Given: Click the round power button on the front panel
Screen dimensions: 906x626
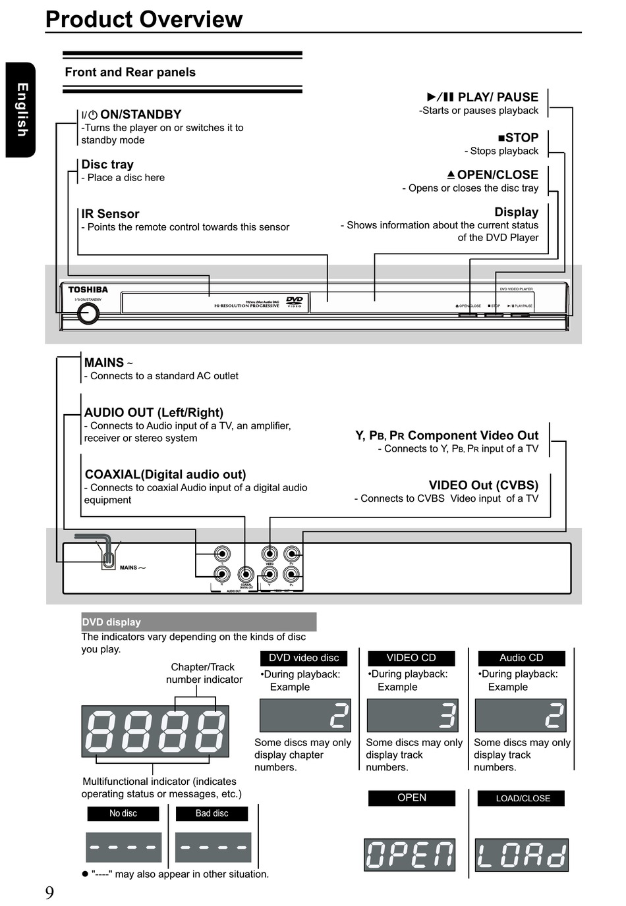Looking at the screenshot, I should point(88,313).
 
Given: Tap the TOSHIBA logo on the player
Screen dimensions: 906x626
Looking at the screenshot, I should point(88,290).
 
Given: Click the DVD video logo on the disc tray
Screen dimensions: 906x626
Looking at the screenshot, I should point(294,302).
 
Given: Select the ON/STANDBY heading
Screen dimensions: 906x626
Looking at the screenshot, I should point(132,115).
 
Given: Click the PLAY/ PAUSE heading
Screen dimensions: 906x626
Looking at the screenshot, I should point(483,97).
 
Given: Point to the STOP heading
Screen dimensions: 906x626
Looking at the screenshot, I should point(518,138).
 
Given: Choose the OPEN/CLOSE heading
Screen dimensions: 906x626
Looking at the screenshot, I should point(492,174).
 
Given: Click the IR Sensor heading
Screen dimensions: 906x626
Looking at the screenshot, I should point(110,214).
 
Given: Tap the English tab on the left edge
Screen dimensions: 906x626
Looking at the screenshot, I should point(21,110).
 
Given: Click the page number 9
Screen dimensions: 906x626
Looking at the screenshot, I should point(49,893).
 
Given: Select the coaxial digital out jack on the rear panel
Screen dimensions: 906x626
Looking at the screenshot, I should point(246,575).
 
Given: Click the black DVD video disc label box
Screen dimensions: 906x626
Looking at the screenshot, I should point(304,658).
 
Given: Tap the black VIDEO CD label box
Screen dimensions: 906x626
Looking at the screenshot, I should point(411,658).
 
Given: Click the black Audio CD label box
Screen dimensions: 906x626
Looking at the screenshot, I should point(521,658).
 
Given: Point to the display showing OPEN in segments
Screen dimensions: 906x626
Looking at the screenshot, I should point(410,855).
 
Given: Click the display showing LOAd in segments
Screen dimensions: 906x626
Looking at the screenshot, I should point(521,855).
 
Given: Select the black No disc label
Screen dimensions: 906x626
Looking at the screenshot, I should point(123,814).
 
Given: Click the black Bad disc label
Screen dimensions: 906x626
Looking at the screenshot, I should point(212,814).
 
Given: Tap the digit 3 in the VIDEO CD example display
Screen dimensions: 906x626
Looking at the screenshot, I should point(447,716).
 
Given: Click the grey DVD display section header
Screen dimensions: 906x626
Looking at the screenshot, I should point(198,622).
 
